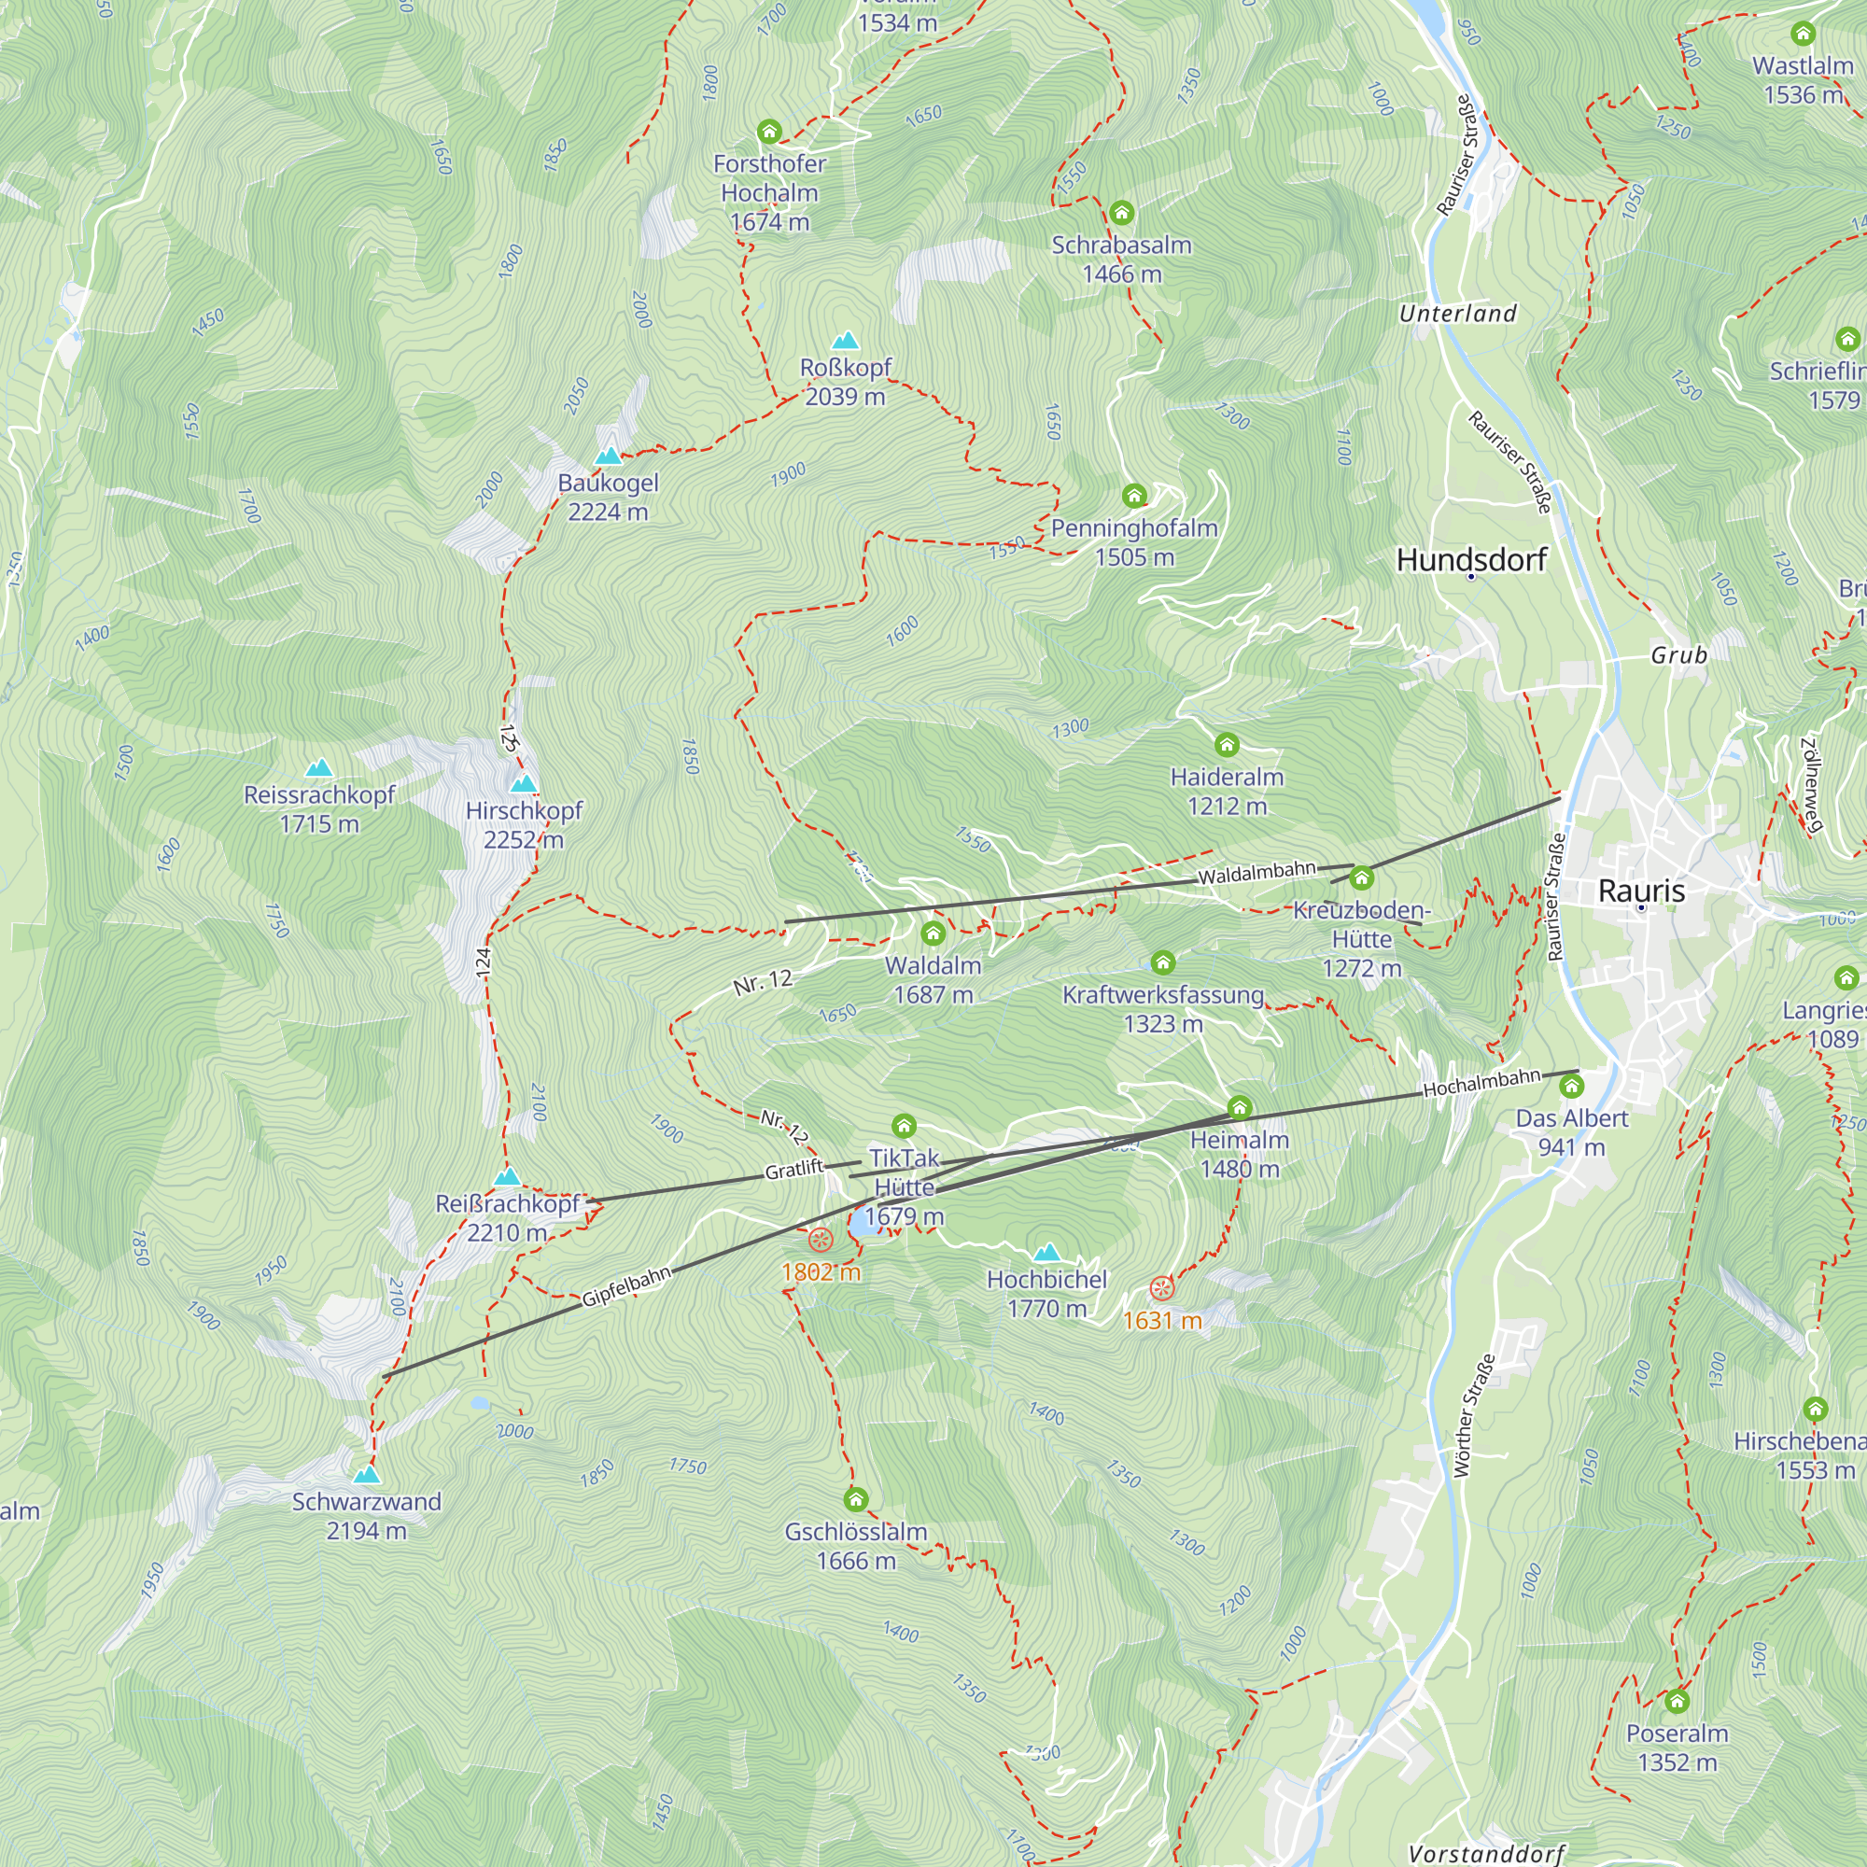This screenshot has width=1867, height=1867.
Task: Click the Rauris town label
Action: coord(1641,891)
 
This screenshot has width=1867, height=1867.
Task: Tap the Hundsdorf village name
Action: coord(1471,559)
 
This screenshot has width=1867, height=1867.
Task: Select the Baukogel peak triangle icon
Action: coord(608,456)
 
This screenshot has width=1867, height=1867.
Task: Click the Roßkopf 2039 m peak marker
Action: coord(846,340)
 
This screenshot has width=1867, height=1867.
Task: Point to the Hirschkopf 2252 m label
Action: coord(524,824)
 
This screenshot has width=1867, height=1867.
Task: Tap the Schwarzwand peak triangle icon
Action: coord(366,1475)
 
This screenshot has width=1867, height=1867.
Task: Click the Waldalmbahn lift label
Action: coord(1256,873)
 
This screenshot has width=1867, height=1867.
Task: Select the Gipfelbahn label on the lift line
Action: coord(626,1286)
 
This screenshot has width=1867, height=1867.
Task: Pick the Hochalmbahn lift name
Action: coord(1481,1083)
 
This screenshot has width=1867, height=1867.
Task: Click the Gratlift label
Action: coord(793,1171)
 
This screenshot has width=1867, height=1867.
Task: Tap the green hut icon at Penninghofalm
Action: coord(1134,496)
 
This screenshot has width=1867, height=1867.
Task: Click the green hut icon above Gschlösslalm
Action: coord(855,1499)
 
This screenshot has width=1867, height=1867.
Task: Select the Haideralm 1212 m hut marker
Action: coord(1227,744)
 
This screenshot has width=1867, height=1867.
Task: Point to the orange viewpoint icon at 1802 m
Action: coord(820,1240)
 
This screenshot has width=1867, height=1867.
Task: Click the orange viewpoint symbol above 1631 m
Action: coord(1161,1288)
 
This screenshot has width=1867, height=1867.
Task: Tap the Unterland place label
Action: coord(1457,313)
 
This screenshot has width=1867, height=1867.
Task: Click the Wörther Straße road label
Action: coord(1474,1416)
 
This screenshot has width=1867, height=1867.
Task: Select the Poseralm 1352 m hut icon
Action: coord(1677,1701)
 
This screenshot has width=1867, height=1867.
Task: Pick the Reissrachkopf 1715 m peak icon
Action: coord(319,768)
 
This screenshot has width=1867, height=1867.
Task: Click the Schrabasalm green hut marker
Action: coord(1121,213)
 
